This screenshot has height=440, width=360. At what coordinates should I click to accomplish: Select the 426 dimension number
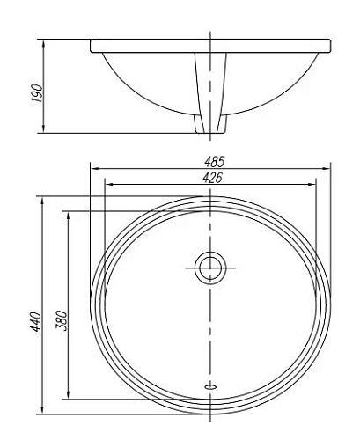coord(210,177)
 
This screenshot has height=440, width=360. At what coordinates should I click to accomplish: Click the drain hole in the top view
coord(210,267)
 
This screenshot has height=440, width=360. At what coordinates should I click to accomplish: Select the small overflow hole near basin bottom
coord(210,384)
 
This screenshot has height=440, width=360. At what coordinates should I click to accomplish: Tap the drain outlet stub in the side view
coord(210,123)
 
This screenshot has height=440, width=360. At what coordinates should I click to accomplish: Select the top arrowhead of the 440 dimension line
coord(42,199)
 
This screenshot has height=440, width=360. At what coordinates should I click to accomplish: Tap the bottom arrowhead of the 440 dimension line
coord(42,411)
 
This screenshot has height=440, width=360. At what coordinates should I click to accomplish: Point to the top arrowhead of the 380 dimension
coord(68,213)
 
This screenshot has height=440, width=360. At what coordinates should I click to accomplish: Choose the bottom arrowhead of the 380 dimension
coord(68,396)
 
